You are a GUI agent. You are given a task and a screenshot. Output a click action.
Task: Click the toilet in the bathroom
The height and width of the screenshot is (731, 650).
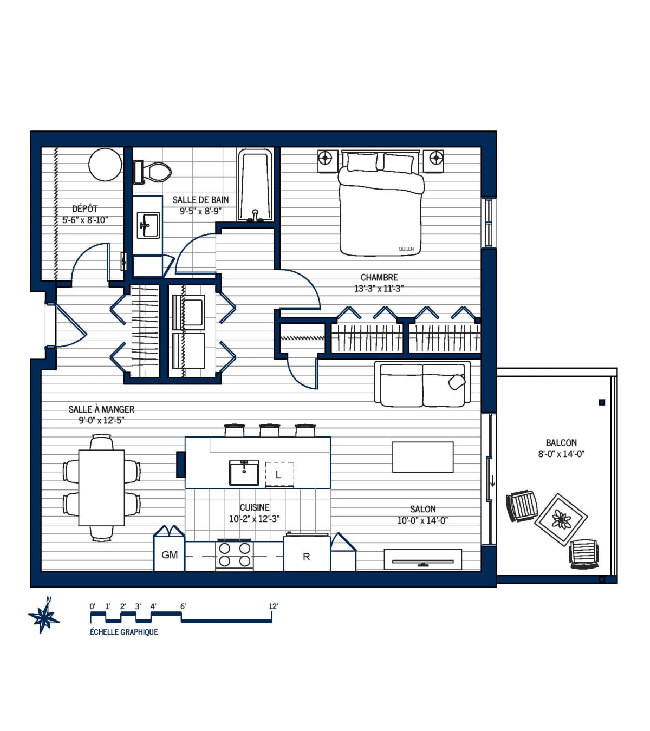154,172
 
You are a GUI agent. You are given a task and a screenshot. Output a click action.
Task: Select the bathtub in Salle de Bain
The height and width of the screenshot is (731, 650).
255,186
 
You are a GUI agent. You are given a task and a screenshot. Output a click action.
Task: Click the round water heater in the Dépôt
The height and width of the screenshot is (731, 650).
105,165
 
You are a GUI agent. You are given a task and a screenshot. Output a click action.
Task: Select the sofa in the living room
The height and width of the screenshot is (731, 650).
422,384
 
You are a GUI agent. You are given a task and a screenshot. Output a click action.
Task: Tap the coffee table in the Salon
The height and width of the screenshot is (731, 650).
422,457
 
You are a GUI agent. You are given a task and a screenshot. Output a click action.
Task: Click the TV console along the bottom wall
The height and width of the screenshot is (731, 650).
423,559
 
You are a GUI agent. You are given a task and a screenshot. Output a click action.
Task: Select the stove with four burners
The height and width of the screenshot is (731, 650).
235,554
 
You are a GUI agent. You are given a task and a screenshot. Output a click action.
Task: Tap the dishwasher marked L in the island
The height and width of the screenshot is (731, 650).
279,475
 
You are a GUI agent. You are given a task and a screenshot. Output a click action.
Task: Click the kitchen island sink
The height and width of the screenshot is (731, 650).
244,473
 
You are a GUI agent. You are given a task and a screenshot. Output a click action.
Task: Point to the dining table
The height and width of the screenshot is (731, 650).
102,487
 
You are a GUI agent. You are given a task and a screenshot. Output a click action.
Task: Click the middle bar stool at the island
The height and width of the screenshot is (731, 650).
269,430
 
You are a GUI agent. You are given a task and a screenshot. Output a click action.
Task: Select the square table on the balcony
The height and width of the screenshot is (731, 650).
561,519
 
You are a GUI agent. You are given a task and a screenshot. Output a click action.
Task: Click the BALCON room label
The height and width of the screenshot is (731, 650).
561,443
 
